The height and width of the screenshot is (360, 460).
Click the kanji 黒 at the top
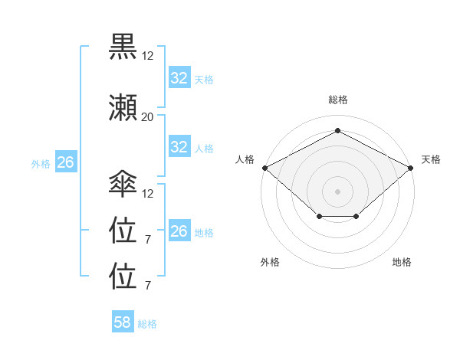click(123, 46)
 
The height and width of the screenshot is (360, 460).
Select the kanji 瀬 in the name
click(123, 107)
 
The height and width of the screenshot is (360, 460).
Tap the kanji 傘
click(123, 184)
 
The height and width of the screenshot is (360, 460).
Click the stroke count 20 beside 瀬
click(147, 117)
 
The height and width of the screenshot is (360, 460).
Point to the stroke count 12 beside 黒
click(147, 56)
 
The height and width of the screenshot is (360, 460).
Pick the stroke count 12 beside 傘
click(148, 194)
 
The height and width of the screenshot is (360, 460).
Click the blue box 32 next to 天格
click(179, 78)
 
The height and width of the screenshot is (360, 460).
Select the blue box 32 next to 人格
click(179, 147)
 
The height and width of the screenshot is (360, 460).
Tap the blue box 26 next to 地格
click(179, 231)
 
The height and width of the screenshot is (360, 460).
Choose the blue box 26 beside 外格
click(65, 162)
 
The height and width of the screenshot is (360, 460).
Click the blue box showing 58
click(123, 322)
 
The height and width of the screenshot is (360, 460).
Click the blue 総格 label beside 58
click(148, 324)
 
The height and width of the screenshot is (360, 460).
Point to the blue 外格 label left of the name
click(41, 163)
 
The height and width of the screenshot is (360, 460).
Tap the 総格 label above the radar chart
click(337, 100)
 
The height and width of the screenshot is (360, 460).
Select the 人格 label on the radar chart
click(245, 159)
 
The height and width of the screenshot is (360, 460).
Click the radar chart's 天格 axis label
click(431, 159)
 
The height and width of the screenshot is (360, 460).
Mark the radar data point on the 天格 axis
click(412, 168)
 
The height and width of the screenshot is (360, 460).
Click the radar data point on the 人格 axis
click(264, 168)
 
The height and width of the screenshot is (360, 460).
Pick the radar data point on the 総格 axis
click(337, 130)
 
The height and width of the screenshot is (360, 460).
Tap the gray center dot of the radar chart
click(337, 191)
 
